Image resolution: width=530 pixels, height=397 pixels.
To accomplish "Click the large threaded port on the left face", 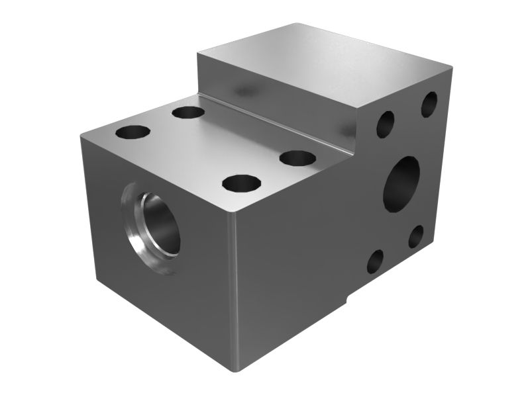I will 158,225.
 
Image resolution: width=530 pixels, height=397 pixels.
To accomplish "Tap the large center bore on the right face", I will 401,183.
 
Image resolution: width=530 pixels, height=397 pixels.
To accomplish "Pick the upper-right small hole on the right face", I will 429,105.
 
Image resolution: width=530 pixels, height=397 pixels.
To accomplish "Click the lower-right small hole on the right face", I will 415,236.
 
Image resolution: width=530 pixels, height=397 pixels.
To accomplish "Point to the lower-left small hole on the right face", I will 374,261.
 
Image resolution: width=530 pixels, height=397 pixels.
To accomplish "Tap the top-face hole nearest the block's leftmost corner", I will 132,132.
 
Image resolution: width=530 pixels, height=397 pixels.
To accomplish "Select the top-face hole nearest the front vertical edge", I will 241,183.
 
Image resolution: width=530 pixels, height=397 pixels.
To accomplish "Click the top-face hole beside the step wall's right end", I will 297,158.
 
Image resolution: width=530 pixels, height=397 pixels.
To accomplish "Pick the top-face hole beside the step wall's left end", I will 188,112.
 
